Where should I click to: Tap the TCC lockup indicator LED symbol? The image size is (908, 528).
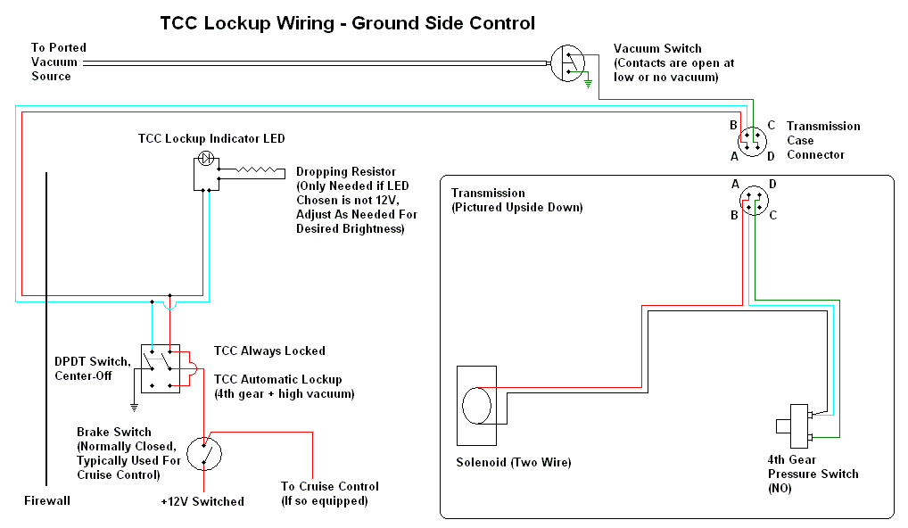[x=206, y=158]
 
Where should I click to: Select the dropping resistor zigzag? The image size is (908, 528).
[x=257, y=170]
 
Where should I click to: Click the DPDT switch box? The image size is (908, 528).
[x=161, y=368]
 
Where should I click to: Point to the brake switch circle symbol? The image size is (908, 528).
[x=204, y=454]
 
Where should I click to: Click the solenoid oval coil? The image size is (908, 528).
[x=476, y=405]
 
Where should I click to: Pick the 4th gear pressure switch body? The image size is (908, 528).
[x=799, y=426]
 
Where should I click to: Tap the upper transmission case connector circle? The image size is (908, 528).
[x=752, y=141]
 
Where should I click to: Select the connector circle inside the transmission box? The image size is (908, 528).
[x=754, y=201]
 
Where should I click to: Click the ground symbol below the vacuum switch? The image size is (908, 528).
[x=588, y=84]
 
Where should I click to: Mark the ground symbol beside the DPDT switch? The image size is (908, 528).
[x=135, y=408]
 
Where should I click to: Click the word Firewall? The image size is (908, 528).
[x=47, y=500]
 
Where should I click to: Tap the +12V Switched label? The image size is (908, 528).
[x=202, y=501]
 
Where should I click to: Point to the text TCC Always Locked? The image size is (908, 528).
[x=269, y=351]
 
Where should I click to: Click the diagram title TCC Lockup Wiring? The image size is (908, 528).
[x=247, y=23]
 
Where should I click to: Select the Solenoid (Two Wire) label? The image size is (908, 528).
[x=514, y=462]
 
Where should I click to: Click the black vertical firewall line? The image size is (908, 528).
[x=46, y=329]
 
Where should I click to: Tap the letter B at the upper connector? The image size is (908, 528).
[x=733, y=125]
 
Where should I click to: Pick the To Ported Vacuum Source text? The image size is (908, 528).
[x=59, y=62]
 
